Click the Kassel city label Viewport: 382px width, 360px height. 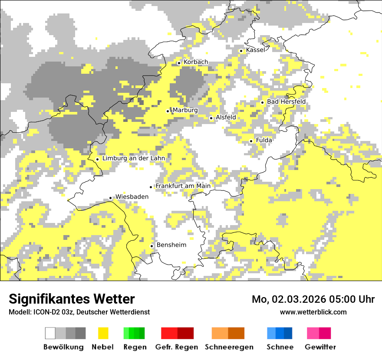[x=255, y=50]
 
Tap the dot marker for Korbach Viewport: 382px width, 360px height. [x=179, y=63]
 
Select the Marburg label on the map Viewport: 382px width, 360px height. [x=185, y=111]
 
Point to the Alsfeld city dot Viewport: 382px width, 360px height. [x=211, y=118]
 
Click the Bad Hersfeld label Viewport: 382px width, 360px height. [x=286, y=102]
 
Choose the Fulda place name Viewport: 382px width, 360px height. [x=264, y=141]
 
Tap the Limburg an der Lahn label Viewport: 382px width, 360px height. [x=133, y=159]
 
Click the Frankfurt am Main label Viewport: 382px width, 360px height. [x=183, y=186]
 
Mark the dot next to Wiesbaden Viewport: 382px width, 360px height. [x=111, y=198]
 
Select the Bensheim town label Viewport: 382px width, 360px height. [x=171, y=245]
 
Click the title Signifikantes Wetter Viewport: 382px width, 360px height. [x=72, y=299]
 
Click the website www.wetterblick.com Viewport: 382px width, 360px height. [x=313, y=312]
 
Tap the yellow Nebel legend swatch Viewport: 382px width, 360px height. [x=103, y=333]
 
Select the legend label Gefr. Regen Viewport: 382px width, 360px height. [x=176, y=347]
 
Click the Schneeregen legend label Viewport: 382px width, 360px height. [x=229, y=347]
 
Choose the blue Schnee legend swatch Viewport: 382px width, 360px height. [x=280, y=333]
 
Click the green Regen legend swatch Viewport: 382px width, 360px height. [x=134, y=333]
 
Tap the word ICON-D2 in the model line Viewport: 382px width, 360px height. [x=45, y=312]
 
